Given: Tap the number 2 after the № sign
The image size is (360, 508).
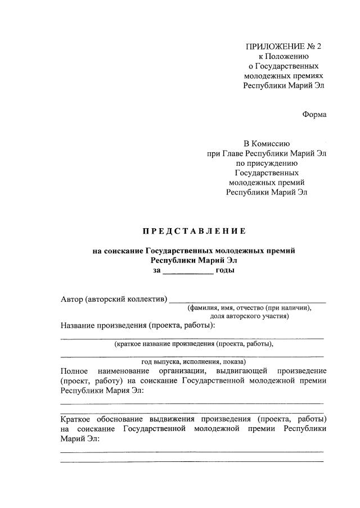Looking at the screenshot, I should pyautogui.click(x=320, y=46).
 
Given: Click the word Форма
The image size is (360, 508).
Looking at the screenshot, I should pyautogui.click(x=314, y=114).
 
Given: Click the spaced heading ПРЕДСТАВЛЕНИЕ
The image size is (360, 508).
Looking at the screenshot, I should pyautogui.click(x=193, y=231).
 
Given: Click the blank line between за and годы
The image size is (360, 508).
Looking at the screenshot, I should pyautogui.click(x=188, y=270).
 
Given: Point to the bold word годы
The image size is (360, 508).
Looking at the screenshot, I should pyautogui.click(x=225, y=270).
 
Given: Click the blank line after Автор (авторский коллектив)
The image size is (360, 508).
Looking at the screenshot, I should pyautogui.click(x=247, y=300).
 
